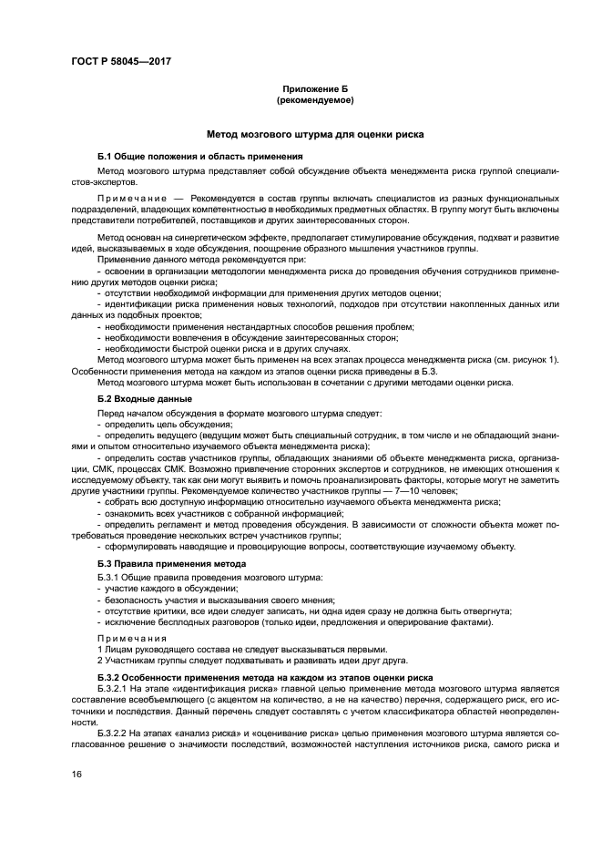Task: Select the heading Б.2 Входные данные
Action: [x=144, y=399]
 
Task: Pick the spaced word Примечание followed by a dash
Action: [x=138, y=197]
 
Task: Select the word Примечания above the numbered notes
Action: [x=127, y=637]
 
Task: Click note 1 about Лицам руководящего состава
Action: [x=235, y=649]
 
